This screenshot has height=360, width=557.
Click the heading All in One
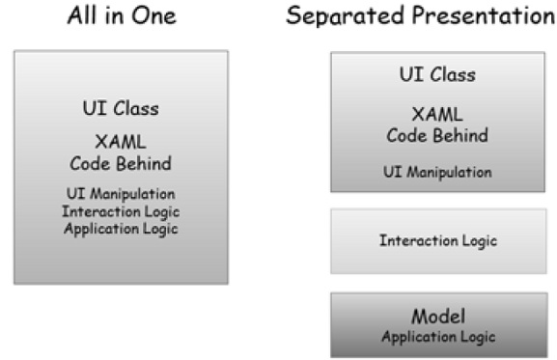tap(122, 15)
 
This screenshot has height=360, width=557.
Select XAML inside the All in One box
tap(122, 143)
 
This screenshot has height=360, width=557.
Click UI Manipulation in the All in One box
tap(122, 194)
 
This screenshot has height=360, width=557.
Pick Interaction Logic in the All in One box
tap(122, 211)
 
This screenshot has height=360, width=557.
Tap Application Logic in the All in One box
tap(122, 229)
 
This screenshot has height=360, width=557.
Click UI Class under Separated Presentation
tap(437, 74)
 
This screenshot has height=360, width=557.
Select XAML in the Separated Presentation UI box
tap(437, 116)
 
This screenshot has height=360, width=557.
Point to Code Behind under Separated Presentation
tap(437, 135)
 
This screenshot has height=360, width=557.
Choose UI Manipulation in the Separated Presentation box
tap(437, 173)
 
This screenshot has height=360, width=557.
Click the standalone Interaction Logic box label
tap(437, 240)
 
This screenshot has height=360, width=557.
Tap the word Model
tap(437, 317)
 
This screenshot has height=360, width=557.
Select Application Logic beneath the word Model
tap(437, 337)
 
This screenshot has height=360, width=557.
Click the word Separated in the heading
tap(338, 15)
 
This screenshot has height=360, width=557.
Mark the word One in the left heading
tap(156, 15)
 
